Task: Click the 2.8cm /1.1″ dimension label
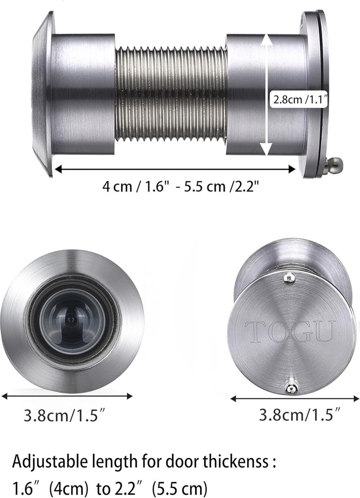[301, 100]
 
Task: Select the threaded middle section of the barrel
[171, 94]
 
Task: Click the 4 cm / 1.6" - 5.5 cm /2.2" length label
[179, 186]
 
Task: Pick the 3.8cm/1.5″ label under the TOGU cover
[300, 414]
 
